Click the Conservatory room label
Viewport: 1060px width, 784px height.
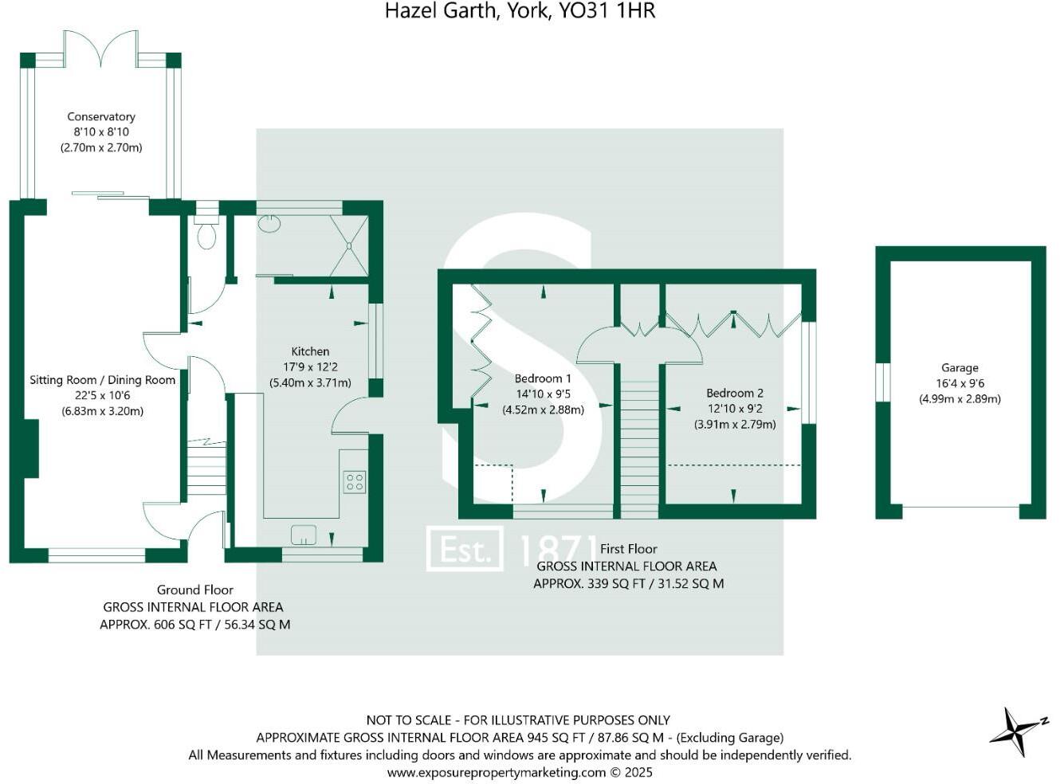click(x=101, y=116)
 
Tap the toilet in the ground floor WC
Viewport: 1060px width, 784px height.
click(x=206, y=234)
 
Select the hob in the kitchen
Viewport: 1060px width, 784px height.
click(x=355, y=481)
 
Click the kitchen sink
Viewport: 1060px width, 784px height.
click(x=304, y=534)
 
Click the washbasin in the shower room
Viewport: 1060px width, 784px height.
click(x=269, y=222)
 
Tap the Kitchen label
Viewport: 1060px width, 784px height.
click(x=310, y=351)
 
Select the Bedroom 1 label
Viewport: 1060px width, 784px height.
click(x=543, y=378)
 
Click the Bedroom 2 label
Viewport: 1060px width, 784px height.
click(x=735, y=393)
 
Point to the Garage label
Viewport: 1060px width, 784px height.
click(x=960, y=368)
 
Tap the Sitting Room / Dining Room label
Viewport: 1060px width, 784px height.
click(x=102, y=380)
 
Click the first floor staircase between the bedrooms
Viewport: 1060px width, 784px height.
click(x=640, y=446)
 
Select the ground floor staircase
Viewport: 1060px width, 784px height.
click(x=206, y=470)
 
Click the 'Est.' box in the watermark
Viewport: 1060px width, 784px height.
click(x=465, y=549)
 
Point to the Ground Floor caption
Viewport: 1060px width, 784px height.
click(x=194, y=590)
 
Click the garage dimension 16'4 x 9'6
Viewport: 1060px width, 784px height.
click(x=960, y=383)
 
